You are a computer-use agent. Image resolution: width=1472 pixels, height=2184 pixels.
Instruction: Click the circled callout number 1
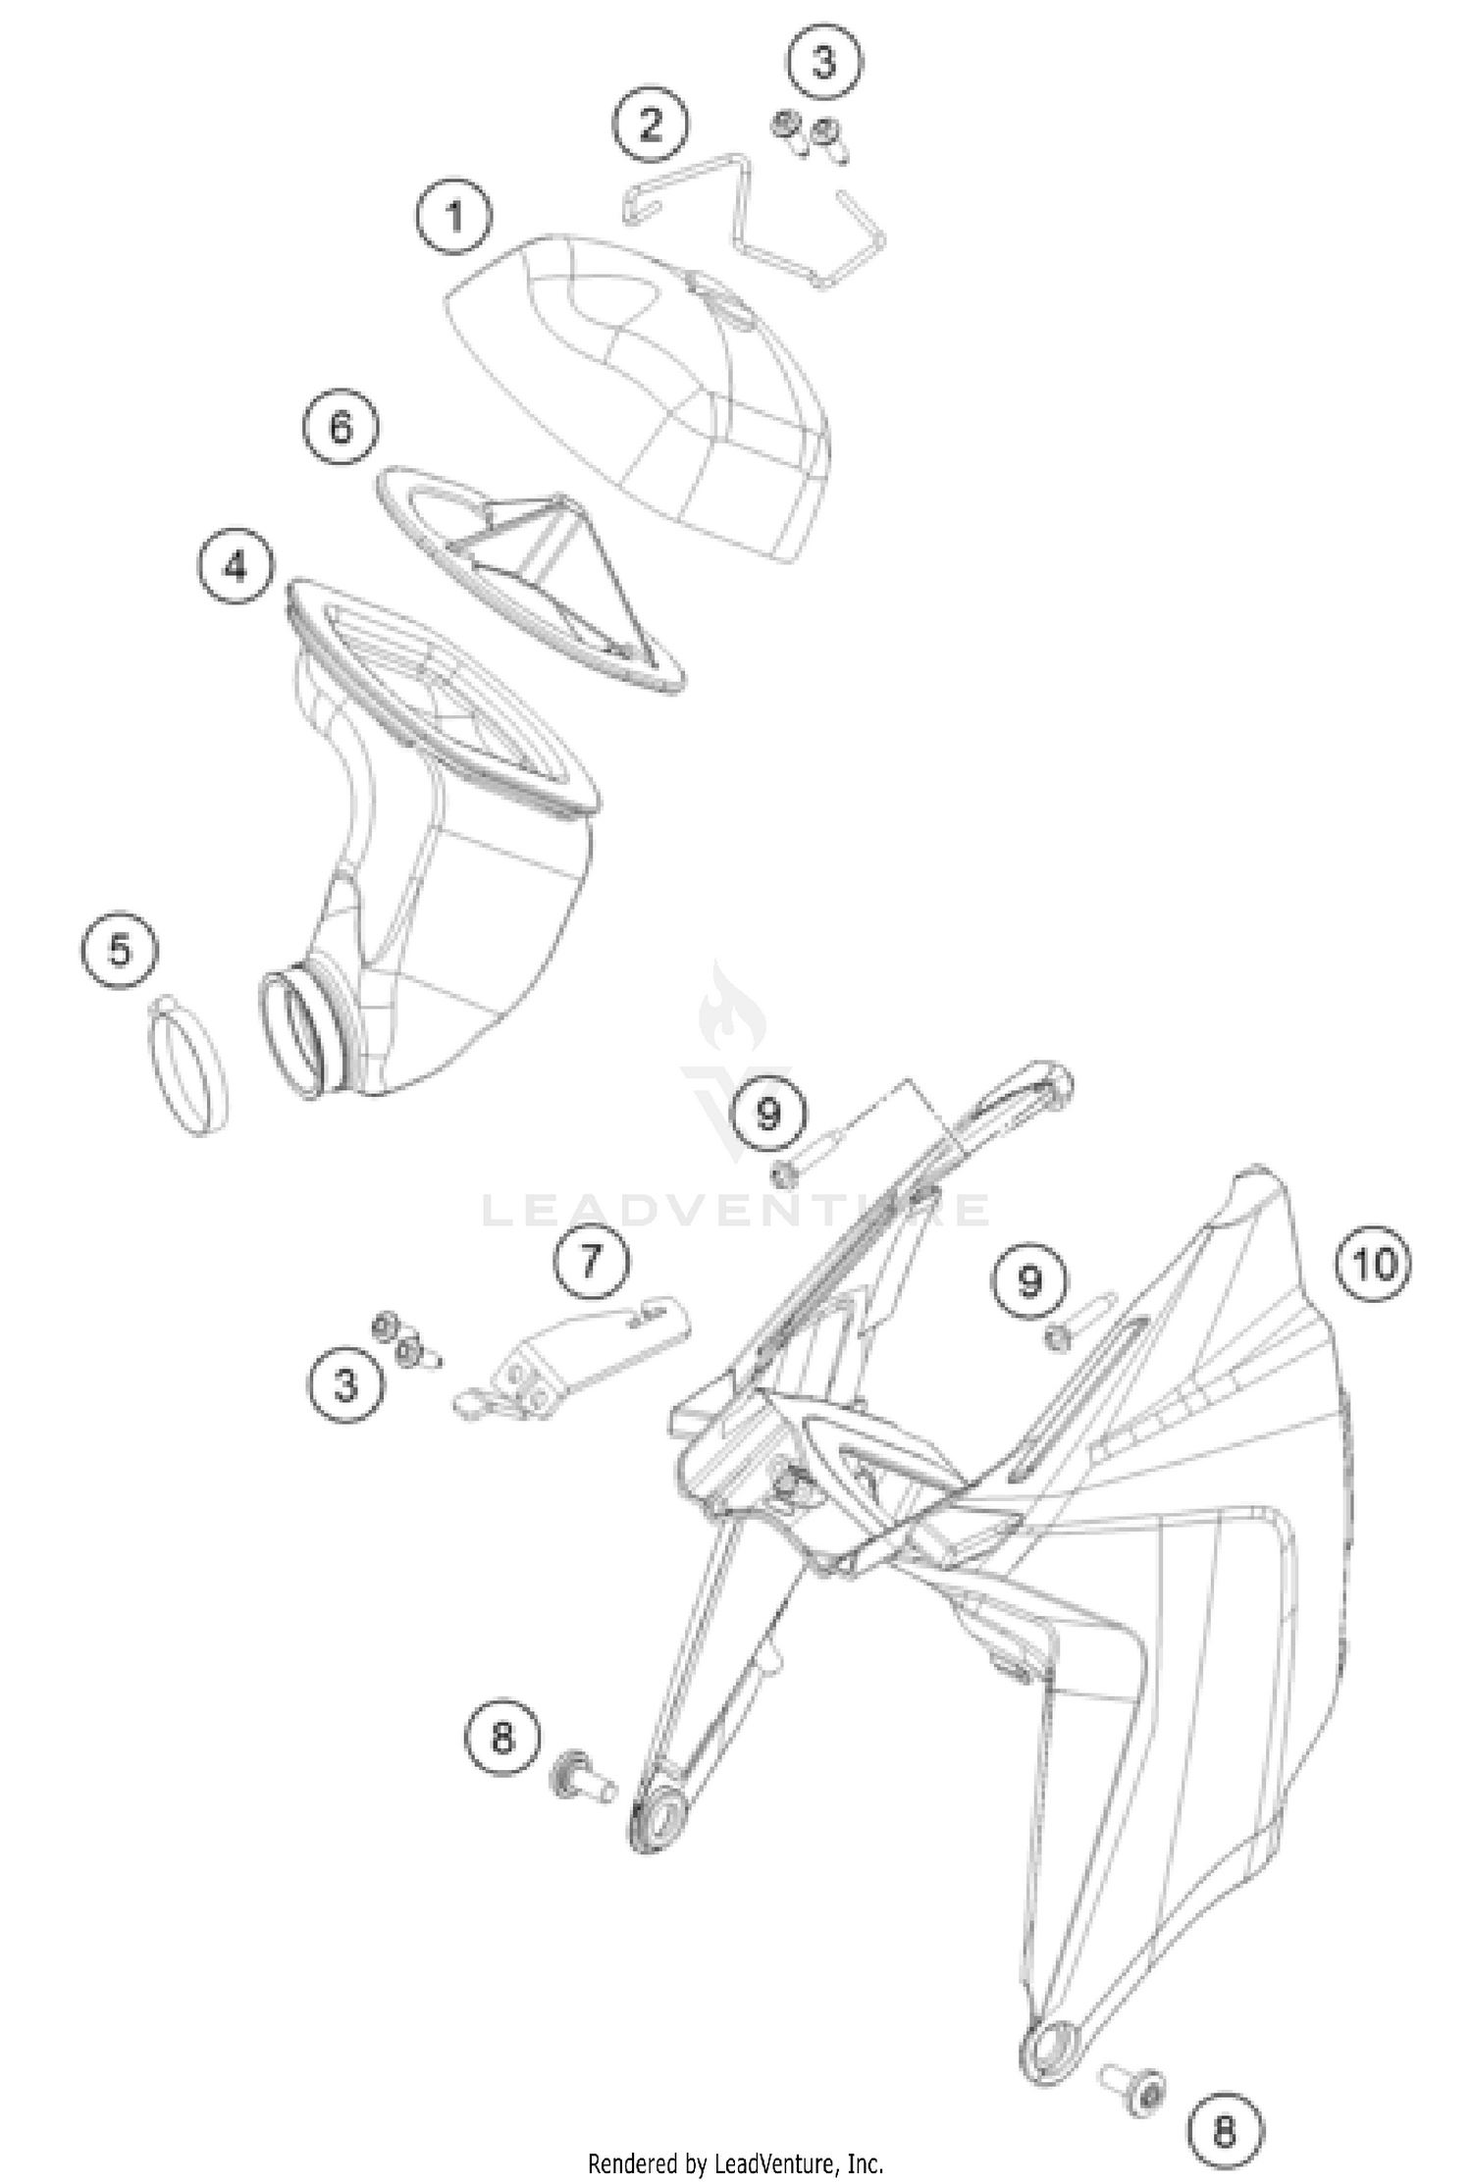(x=454, y=216)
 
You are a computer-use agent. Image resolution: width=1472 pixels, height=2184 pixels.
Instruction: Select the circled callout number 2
(x=651, y=125)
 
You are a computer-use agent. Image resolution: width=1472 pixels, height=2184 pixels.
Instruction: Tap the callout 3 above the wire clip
(x=824, y=64)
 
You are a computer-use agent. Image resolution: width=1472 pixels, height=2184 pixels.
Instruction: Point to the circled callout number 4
(x=236, y=566)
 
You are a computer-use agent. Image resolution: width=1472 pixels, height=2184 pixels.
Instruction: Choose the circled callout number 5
(x=120, y=951)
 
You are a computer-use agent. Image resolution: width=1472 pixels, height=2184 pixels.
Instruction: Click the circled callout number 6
(x=340, y=429)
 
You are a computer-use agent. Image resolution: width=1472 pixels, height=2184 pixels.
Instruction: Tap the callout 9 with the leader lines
(x=768, y=1114)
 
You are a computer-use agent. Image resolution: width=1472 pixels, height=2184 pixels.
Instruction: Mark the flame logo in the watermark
(x=724, y=1012)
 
